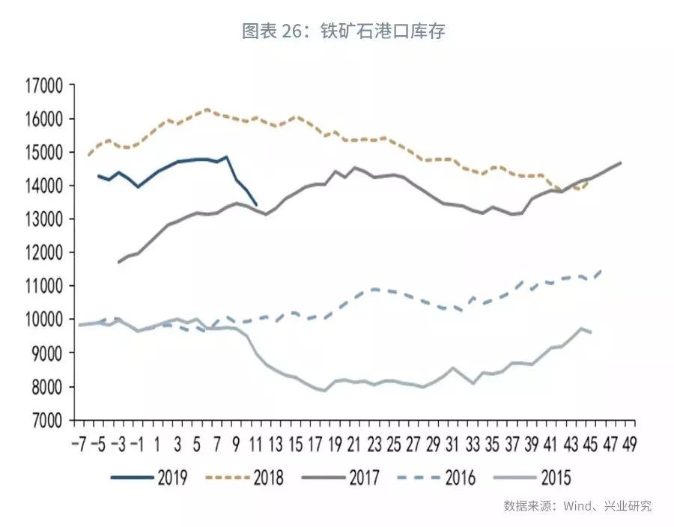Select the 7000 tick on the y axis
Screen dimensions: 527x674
click(46, 420)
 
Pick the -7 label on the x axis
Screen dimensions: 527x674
click(80, 445)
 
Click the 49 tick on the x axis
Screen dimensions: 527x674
click(627, 445)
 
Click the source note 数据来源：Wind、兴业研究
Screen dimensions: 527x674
click(577, 506)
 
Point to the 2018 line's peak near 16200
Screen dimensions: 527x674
click(207, 109)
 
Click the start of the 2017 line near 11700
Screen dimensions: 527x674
click(118, 262)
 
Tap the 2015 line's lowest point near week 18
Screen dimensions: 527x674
click(324, 391)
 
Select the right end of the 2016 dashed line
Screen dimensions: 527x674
click(601, 269)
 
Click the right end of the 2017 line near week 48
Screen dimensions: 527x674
click(621, 162)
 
